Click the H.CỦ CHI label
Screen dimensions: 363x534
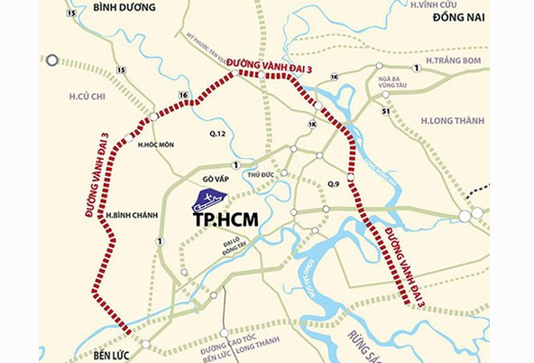click(x=87, y=95)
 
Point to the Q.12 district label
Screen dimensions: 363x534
click(x=217, y=135)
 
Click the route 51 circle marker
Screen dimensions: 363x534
click(x=385, y=112)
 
